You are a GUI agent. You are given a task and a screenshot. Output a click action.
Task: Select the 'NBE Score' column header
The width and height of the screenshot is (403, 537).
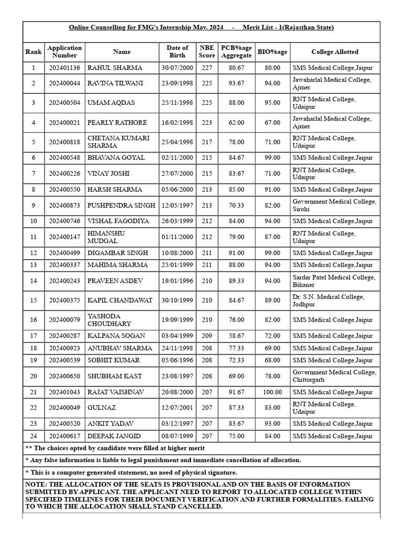click(x=207, y=51)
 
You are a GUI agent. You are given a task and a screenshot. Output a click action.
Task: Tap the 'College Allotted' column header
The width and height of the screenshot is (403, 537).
click(x=335, y=52)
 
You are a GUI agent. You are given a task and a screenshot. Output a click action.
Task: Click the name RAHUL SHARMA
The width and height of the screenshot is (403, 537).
click(x=114, y=68)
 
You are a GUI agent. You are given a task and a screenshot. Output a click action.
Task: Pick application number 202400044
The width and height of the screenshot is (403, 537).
click(x=65, y=83)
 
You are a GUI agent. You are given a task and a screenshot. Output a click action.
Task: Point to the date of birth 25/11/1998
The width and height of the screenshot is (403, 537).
click(x=177, y=103)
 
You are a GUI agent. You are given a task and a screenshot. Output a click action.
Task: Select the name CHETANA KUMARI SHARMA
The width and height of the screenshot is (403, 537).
click(x=119, y=142)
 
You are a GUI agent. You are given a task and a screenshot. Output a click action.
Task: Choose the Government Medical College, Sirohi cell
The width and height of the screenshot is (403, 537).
click(x=334, y=205)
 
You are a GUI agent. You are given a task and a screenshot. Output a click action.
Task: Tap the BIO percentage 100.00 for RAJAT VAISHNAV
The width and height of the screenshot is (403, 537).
click(x=272, y=392)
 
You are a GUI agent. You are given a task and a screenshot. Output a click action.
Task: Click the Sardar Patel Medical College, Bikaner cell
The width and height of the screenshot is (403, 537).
click(x=334, y=281)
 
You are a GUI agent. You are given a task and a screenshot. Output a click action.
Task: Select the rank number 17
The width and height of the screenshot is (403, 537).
click(x=34, y=336)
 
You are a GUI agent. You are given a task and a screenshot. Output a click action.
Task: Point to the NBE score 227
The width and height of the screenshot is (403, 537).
click(x=207, y=68)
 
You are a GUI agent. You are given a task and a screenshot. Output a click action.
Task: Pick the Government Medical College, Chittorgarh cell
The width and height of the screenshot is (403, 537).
click(x=334, y=376)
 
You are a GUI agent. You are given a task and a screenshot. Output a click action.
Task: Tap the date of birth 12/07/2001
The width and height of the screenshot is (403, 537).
click(x=177, y=408)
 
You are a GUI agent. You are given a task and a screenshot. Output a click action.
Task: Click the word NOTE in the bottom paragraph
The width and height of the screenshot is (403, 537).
click(x=36, y=484)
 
